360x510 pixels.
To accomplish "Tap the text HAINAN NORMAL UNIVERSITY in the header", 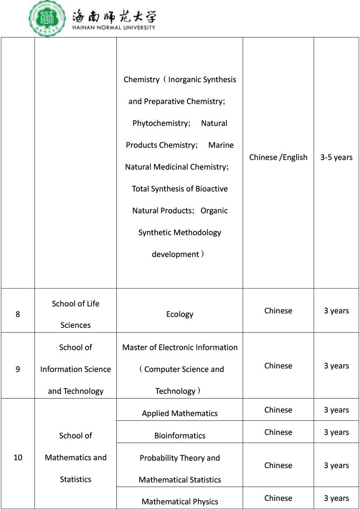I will pos(113,27).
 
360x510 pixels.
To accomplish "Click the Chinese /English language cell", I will pos(278,157).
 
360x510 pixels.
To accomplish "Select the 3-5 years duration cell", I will pos(336,157).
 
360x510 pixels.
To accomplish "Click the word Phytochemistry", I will pos(160,123).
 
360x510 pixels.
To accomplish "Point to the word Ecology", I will pos(180,314).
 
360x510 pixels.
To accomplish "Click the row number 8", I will pos(17,314).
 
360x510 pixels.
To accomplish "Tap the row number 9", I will pos(17,369).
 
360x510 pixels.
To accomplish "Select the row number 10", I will pos(18,458).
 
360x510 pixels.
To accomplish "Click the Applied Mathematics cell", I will pos(180,413).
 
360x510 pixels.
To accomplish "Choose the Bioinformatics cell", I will pos(180,436).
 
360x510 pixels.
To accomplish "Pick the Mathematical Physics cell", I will pos(180,502).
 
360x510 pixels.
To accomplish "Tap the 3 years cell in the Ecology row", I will pos(336,311).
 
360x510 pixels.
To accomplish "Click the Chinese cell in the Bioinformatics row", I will pos(278,432).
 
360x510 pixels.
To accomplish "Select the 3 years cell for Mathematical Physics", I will pos(336,498).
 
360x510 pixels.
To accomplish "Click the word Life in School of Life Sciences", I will pos(93,304).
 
